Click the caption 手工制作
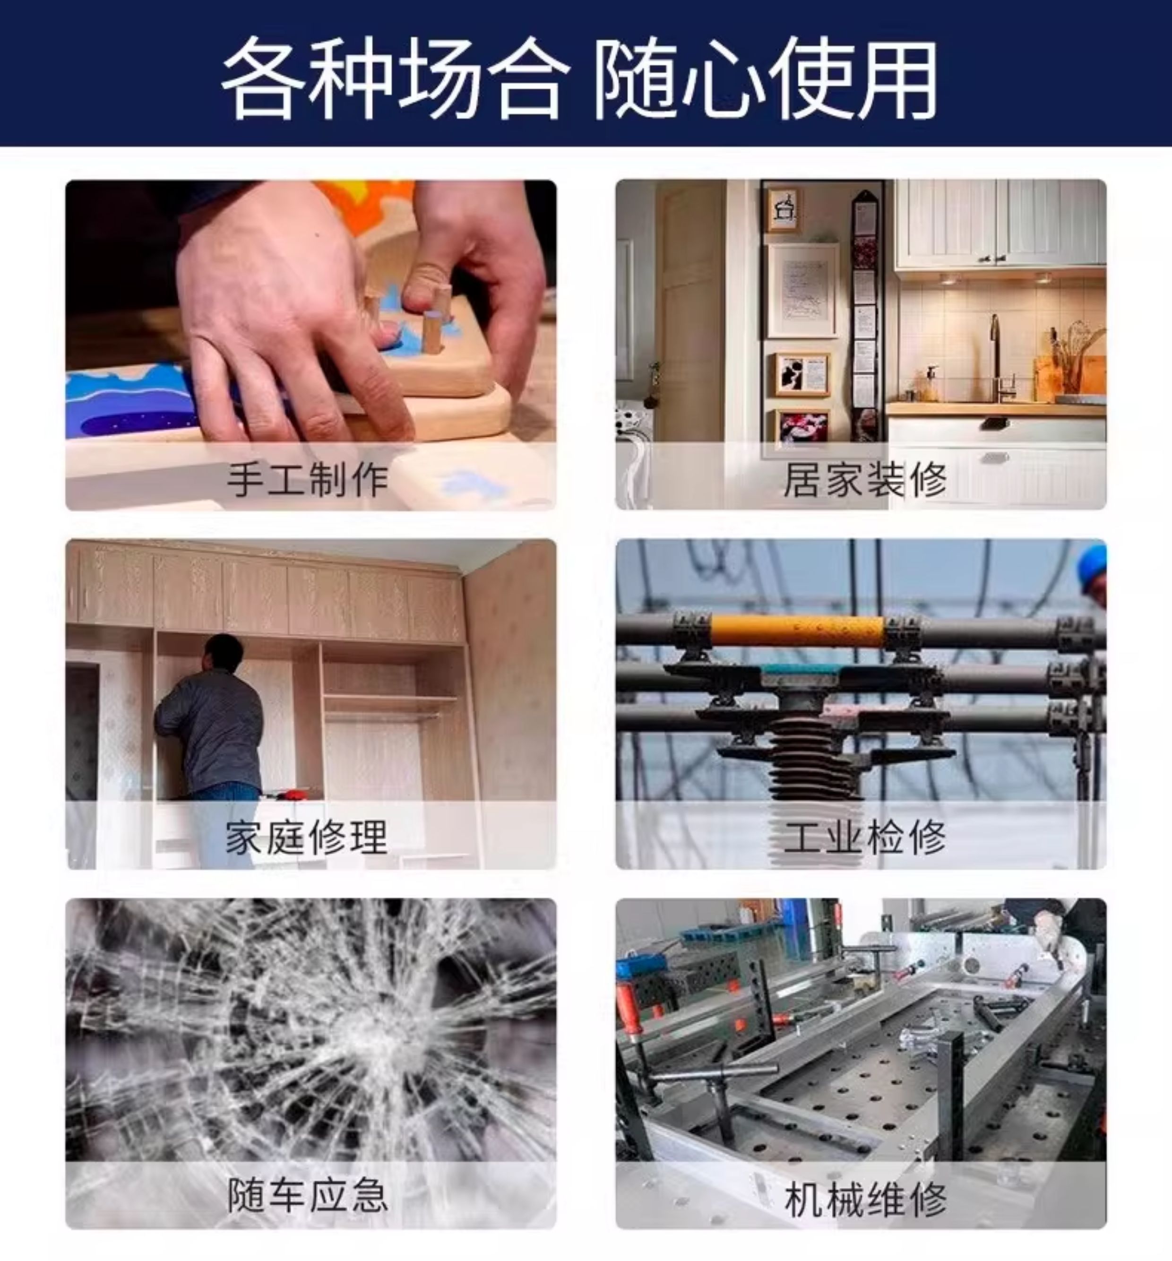click(x=308, y=480)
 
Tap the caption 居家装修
click(x=865, y=480)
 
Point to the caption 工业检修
click(x=865, y=838)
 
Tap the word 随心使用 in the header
click(x=765, y=78)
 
